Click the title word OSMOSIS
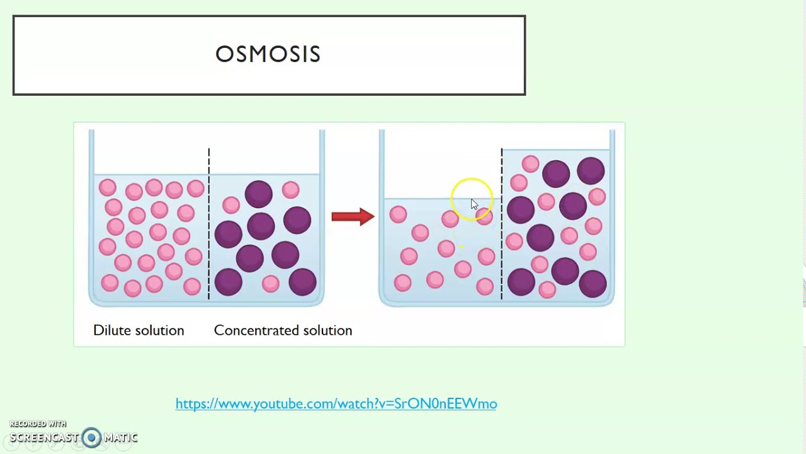(268, 54)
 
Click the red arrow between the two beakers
(353, 217)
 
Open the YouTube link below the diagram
(336, 404)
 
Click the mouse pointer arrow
(474, 204)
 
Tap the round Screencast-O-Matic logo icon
(91, 438)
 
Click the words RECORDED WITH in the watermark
(38, 424)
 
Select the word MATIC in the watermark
(121, 438)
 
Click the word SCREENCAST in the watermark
(44, 438)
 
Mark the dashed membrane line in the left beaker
(208, 227)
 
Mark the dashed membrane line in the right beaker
(501, 227)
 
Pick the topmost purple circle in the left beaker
(258, 194)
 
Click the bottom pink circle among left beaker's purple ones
(271, 284)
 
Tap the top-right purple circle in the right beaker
(591, 171)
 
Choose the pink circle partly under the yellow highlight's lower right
(484, 217)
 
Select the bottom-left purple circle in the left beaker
(228, 282)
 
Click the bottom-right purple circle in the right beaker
(592, 283)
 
